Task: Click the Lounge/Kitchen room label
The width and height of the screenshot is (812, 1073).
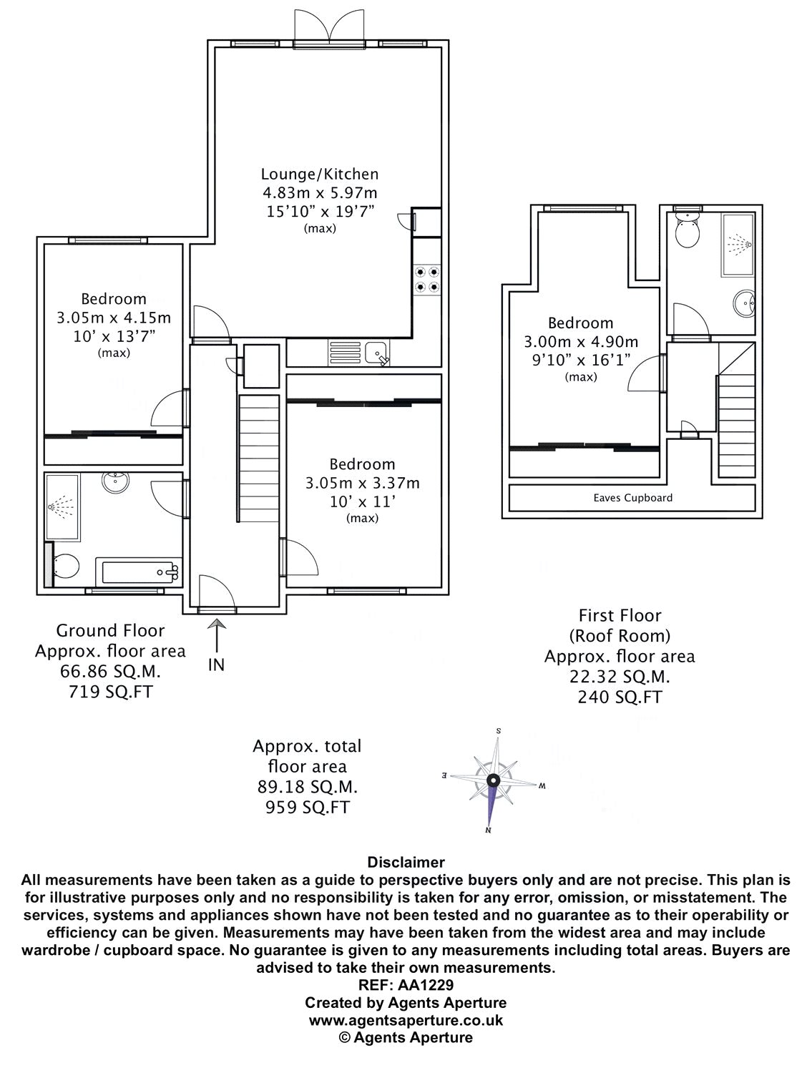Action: tap(319, 174)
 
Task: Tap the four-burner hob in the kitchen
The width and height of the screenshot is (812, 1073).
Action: tap(427, 279)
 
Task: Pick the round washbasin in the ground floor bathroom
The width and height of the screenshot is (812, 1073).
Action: tap(114, 483)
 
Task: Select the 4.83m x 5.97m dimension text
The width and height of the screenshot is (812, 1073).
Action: tap(319, 192)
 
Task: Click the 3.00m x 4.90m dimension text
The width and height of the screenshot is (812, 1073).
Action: tap(580, 342)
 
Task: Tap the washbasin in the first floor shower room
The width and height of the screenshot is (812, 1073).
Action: tap(746, 304)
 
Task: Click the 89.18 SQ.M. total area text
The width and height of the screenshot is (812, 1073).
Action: tap(308, 787)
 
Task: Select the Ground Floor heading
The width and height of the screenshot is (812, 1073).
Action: tap(110, 630)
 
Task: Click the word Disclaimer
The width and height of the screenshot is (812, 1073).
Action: tap(406, 863)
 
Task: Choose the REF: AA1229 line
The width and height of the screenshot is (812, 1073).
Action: tap(406, 984)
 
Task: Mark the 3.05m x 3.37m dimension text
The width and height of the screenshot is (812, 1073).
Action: tap(362, 483)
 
